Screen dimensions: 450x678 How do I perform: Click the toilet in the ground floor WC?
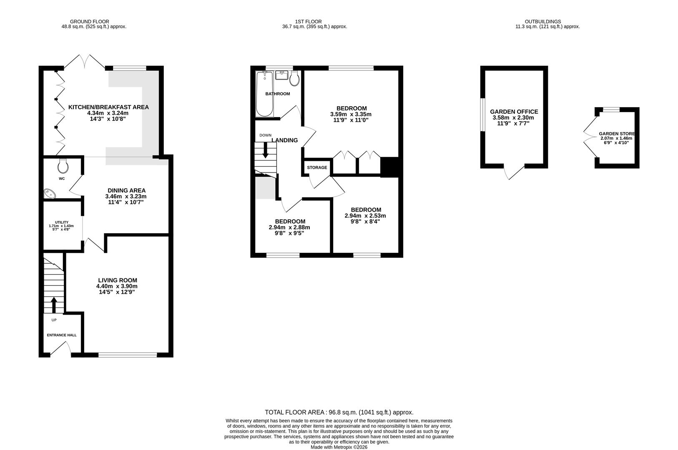pyautogui.click(x=63, y=166)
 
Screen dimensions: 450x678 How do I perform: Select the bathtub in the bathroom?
pyautogui.click(x=264, y=95)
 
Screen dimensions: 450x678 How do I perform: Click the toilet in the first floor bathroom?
pyautogui.click(x=295, y=78)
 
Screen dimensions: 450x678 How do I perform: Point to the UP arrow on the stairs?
pyautogui.click(x=54, y=305)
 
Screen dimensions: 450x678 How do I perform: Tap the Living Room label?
pyautogui.click(x=118, y=280)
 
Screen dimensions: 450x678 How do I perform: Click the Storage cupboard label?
pyautogui.click(x=317, y=167)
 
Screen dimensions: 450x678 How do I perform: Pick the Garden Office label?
pyautogui.click(x=514, y=112)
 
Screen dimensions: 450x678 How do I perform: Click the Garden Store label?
pyautogui.click(x=617, y=134)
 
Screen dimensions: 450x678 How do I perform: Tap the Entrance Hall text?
pyautogui.click(x=62, y=335)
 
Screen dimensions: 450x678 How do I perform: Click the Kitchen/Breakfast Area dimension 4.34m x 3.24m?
pyautogui.click(x=108, y=113)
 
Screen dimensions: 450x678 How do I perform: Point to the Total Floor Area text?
pyautogui.click(x=339, y=412)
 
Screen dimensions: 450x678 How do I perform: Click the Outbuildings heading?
pyautogui.click(x=542, y=21)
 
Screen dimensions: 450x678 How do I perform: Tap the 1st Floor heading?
pyautogui.click(x=308, y=21)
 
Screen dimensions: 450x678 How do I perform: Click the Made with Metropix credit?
pyautogui.click(x=339, y=447)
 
